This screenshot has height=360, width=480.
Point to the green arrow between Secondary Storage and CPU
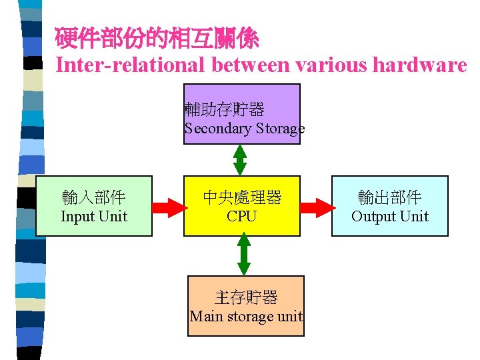pyautogui.click(x=240, y=160)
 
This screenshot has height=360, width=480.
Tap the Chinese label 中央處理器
pyautogui.click(x=241, y=197)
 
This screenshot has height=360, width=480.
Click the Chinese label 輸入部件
pyautogui.click(x=94, y=197)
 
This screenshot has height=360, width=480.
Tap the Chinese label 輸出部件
pyautogui.click(x=389, y=197)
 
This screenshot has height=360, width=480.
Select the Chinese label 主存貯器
pyautogui.click(x=245, y=297)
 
